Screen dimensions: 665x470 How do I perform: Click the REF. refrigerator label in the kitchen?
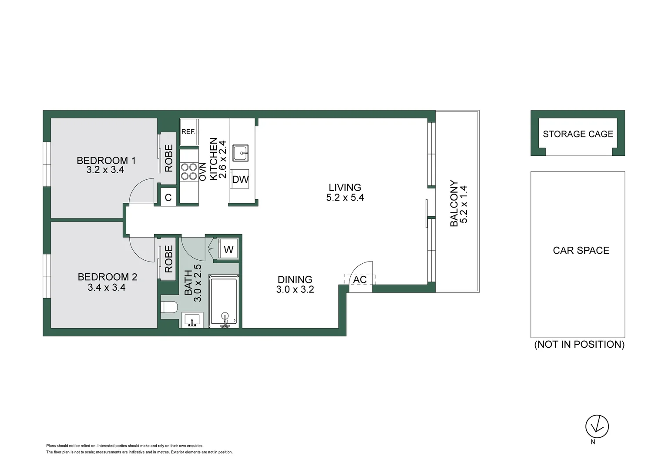(x=188, y=132)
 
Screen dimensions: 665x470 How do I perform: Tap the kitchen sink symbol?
(x=241, y=153)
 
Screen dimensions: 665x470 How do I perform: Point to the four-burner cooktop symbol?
(x=189, y=171)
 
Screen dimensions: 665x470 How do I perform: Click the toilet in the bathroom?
(x=169, y=307)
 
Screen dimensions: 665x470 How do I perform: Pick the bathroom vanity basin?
(x=192, y=321)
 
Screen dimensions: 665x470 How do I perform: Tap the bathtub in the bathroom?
(x=224, y=301)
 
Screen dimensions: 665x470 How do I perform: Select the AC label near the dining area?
(x=360, y=279)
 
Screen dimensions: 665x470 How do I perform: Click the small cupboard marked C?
(x=168, y=197)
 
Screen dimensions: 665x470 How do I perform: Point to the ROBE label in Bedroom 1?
(x=168, y=158)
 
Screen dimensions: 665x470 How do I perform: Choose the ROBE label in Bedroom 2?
(x=168, y=259)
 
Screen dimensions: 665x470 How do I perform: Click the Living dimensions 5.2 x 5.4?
(x=345, y=198)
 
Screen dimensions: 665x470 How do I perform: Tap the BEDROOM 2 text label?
(x=107, y=277)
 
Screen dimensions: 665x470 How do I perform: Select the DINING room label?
(x=295, y=279)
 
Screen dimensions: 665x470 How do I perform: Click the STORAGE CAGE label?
(x=578, y=134)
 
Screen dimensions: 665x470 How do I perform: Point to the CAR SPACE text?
(x=581, y=251)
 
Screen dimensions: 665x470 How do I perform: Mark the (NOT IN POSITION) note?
(x=579, y=344)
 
